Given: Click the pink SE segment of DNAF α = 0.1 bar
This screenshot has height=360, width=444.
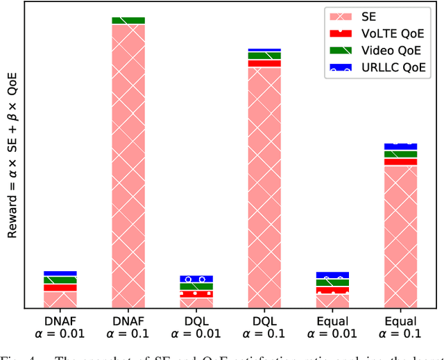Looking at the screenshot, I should pyautogui.click(x=128, y=166).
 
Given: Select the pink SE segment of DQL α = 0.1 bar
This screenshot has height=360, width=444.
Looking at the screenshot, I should pyautogui.click(x=264, y=187).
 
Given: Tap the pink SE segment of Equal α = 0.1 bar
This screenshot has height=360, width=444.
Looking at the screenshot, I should pyautogui.click(x=400, y=236).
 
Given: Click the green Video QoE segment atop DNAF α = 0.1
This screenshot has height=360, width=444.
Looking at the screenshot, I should pyautogui.click(x=128, y=21).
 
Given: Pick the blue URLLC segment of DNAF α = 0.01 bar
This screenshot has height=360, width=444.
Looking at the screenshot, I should pyautogui.click(x=60, y=273).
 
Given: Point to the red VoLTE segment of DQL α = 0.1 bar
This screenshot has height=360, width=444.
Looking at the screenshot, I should pyautogui.click(x=264, y=63).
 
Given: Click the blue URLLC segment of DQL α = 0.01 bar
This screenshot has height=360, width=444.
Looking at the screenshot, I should pyautogui.click(x=196, y=279).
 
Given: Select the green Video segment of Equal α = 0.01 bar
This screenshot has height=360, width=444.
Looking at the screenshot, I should pyautogui.click(x=332, y=283).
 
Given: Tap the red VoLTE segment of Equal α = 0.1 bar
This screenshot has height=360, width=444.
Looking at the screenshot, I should pyautogui.click(x=400, y=162).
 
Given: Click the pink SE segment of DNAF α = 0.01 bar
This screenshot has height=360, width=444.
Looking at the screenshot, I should pyautogui.click(x=60, y=299).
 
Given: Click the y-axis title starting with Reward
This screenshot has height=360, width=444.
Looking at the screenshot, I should pyautogui.click(x=12, y=155).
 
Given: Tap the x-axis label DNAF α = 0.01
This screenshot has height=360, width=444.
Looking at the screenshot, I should pyautogui.click(x=60, y=328).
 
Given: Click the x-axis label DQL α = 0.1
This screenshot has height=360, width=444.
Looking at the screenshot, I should pyautogui.click(x=264, y=328).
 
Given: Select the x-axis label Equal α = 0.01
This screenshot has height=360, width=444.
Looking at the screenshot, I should pyautogui.click(x=332, y=328).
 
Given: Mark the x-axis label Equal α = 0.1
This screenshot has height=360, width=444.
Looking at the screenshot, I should pyautogui.click(x=400, y=328).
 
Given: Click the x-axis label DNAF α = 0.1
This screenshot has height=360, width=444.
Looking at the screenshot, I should pyautogui.click(x=128, y=328).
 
